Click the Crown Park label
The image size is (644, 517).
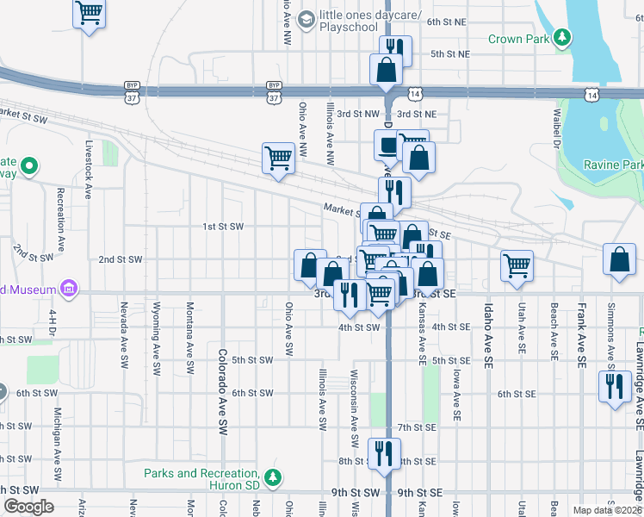pos(518,39)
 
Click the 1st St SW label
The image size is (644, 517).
pos(224,227)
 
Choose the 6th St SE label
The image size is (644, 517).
pos(516,394)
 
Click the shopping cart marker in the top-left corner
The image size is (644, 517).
pos(89,14)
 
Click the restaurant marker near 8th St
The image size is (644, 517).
pos(384,453)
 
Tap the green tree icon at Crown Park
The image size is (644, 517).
pos(562,37)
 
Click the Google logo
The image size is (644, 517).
pos(28,507)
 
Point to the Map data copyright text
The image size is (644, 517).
pos(607,510)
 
